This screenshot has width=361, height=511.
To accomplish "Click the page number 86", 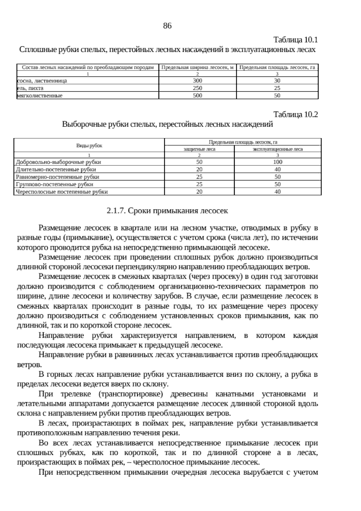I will point(167,26).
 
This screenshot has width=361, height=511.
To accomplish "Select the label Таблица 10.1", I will point(295,40).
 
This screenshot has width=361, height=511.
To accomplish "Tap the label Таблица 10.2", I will point(295,114).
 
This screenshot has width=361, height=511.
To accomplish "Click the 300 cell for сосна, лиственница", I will point(197,81).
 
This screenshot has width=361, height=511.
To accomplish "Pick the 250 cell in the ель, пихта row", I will point(197,88).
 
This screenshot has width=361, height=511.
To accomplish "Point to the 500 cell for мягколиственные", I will point(197,96).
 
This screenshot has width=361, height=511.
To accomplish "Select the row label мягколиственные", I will point(40,96).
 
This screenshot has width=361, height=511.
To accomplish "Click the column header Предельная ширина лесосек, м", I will point(197,67).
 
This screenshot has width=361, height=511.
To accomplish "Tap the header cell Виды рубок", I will point(89,146).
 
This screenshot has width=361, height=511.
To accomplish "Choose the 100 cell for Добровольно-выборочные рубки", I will point(277,162).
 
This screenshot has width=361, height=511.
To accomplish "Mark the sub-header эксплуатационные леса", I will point(277,149).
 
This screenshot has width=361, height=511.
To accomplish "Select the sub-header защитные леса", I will point(199,149).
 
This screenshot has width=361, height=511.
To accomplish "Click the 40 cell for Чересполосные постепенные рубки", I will point(277,192).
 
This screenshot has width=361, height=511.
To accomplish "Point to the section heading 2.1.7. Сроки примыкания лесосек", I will point(167,211).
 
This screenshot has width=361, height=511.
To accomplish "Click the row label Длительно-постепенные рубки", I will point(56,170).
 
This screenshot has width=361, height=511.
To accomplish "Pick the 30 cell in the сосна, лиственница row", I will point(277,81).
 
